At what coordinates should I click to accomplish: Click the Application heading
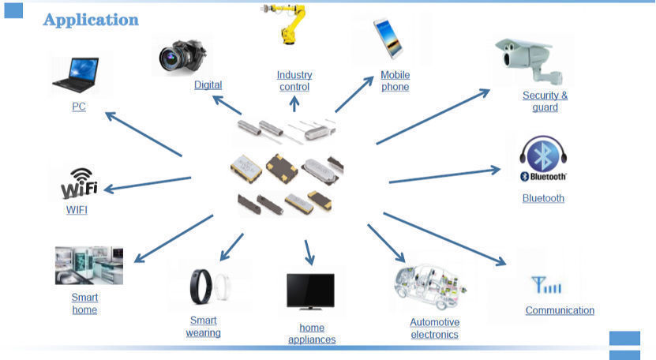(91, 20)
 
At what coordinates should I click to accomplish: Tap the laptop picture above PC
(77, 74)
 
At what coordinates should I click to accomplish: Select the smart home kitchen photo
(88, 265)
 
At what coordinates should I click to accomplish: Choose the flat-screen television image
(311, 291)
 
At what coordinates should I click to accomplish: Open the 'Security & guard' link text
(545, 101)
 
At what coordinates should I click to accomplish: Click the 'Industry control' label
(294, 81)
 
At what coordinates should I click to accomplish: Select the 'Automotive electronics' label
(434, 328)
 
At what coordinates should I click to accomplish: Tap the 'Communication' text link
(560, 310)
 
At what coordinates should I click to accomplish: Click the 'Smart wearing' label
(203, 326)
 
